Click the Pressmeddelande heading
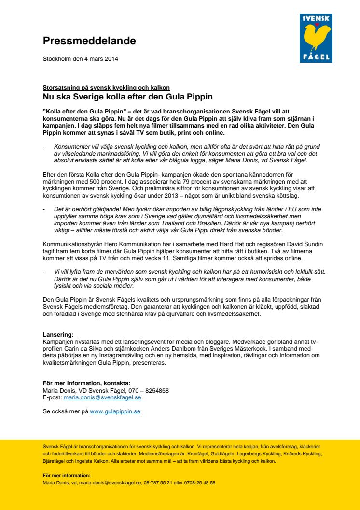click(x=89, y=41)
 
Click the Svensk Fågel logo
click(x=316, y=38)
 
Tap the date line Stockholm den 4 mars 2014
click(x=81, y=59)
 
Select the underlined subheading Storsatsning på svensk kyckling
click(x=106, y=88)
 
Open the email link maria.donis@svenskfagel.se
click(x=102, y=397)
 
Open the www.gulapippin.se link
click(x=115, y=411)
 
